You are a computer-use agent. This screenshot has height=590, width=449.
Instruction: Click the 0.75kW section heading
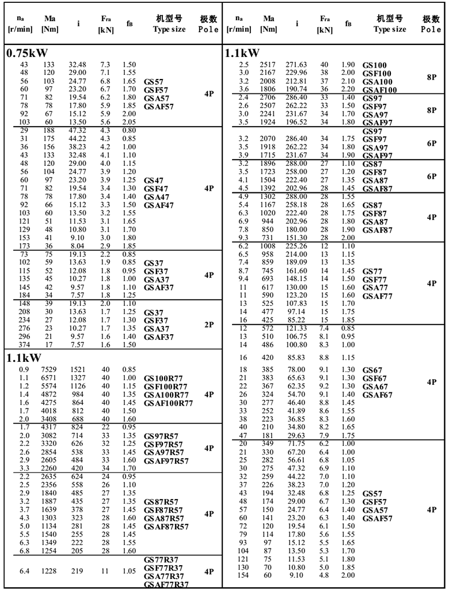pos(27,54)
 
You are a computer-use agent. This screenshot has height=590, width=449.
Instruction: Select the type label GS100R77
pos(166,379)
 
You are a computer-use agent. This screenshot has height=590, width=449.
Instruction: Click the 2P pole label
pos(209,325)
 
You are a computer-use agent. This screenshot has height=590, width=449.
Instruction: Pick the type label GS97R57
pos(163,436)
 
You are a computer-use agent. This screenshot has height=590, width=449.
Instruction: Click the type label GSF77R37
pos(164,568)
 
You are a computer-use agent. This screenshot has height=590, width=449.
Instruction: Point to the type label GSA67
pos(375,387)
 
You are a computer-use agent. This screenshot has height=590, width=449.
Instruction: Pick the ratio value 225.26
pos(297,246)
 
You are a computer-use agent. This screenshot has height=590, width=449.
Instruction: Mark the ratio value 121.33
pos(297,328)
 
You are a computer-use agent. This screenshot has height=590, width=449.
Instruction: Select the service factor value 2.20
pos(348,89)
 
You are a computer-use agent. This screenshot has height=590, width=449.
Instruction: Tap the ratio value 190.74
pos(297,89)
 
